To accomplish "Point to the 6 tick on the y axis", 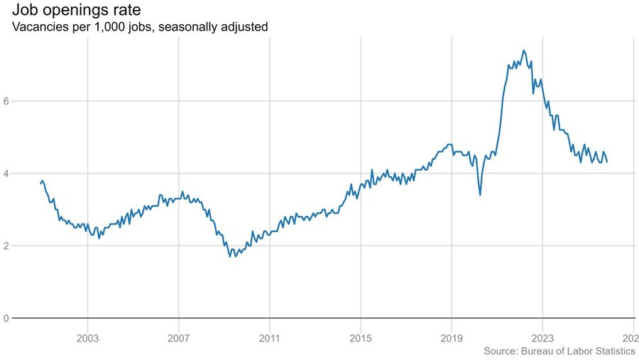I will (x=6, y=101).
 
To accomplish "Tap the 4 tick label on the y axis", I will (x=6, y=173).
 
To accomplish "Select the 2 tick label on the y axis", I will (x=6, y=246).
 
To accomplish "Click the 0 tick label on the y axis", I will (x=6, y=318).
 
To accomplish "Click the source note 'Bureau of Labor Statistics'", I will (x=579, y=351).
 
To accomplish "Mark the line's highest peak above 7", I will (x=523, y=50).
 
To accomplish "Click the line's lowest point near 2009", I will (x=229, y=256).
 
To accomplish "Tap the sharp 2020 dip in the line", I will (x=480, y=195).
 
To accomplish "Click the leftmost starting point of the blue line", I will (x=40, y=184).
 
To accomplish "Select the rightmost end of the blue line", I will (x=607, y=162).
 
